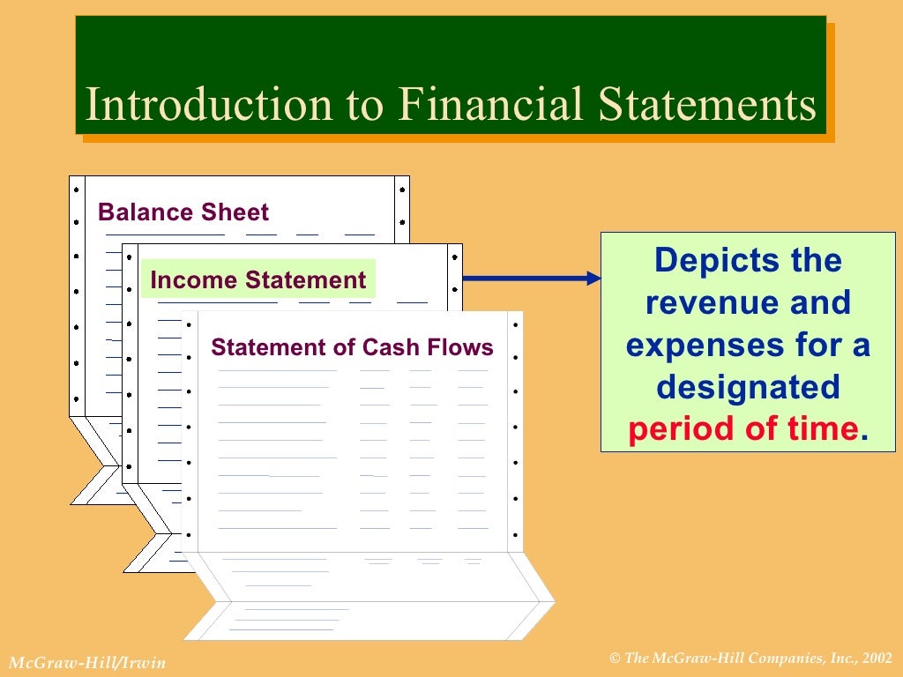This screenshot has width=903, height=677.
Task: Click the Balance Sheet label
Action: tap(183, 212)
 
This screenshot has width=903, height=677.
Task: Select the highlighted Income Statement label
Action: tap(257, 280)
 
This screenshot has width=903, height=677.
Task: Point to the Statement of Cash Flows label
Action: tap(352, 347)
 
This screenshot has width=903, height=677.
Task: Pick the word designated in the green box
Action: tap(748, 387)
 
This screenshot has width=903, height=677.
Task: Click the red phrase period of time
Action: tap(743, 429)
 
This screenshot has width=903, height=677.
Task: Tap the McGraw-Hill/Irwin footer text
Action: tap(86, 662)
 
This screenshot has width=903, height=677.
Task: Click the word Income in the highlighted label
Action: tap(194, 280)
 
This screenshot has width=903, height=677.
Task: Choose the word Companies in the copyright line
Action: tap(780, 658)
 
